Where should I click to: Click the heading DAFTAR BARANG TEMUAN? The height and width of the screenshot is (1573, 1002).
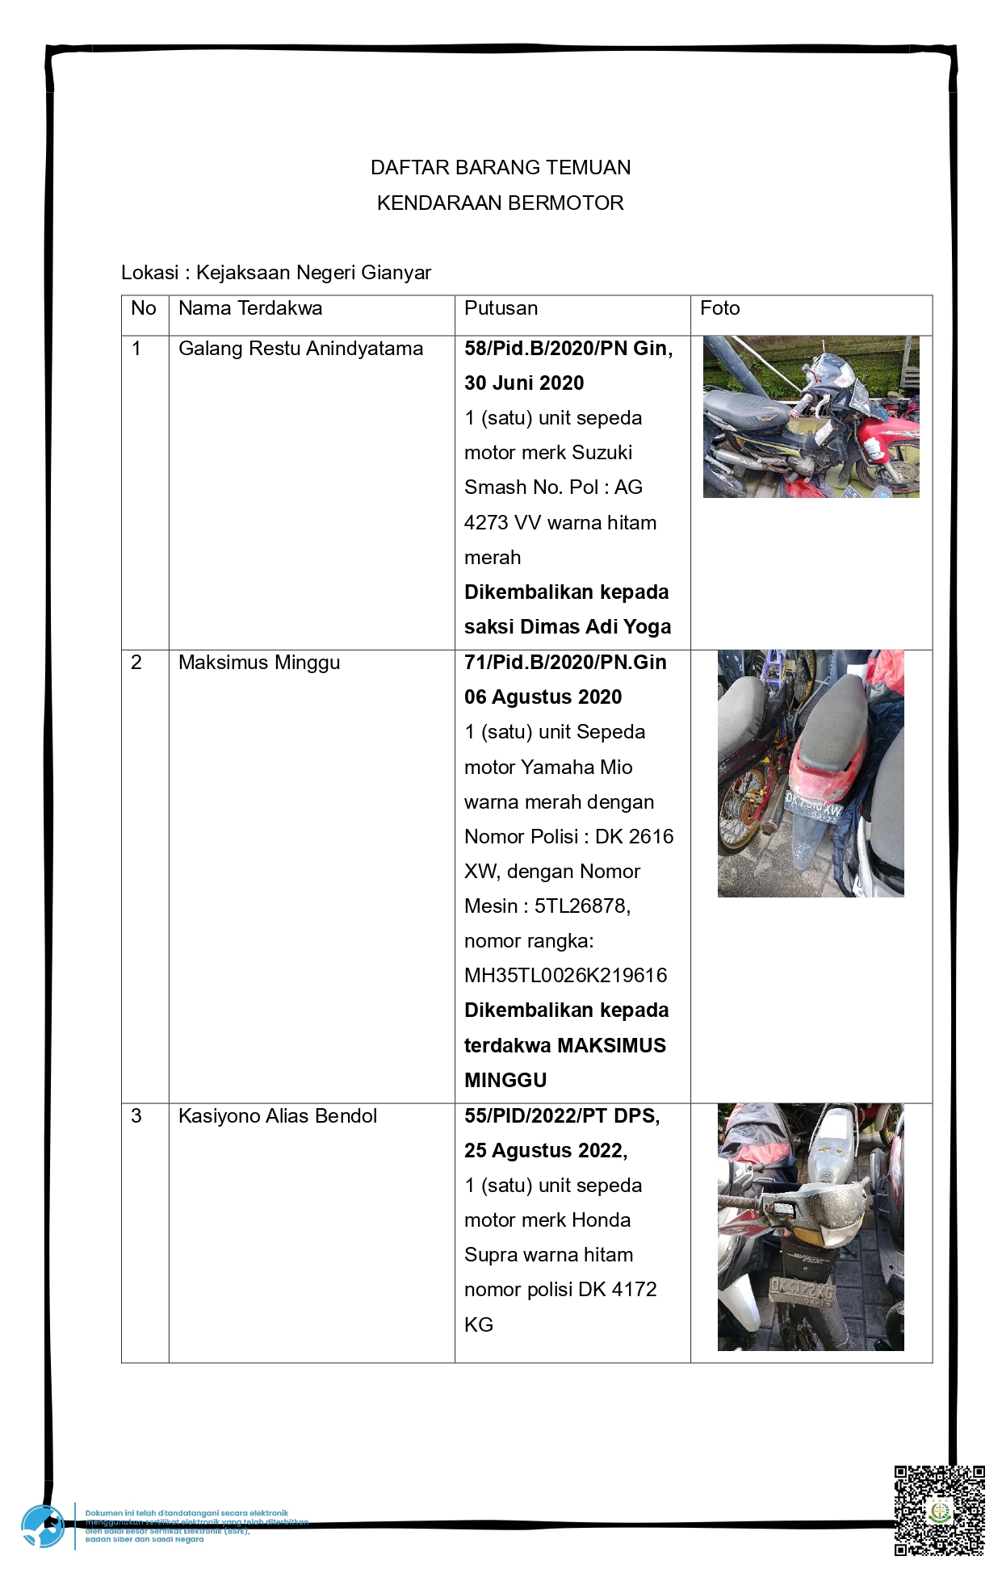click(x=501, y=168)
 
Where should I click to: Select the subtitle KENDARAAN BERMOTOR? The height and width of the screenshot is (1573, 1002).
click(x=501, y=203)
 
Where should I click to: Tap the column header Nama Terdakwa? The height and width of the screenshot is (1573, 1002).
click(x=250, y=308)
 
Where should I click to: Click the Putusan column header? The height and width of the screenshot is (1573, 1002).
click(x=501, y=308)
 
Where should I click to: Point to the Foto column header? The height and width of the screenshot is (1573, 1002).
click(x=719, y=308)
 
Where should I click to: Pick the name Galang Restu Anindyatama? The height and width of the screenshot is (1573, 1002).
click(x=300, y=349)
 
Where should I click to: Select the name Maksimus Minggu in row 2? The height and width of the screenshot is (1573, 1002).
click(x=259, y=663)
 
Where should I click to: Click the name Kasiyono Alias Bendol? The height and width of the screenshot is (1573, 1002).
click(x=278, y=1116)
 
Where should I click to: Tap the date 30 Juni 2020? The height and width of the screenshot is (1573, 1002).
click(x=524, y=383)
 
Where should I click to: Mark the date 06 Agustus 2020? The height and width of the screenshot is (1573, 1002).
click(x=543, y=697)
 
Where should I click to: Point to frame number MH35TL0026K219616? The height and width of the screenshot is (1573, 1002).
click(x=565, y=976)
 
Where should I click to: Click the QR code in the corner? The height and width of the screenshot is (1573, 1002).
click(x=939, y=1510)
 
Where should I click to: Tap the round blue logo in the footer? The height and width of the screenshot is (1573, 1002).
click(x=43, y=1526)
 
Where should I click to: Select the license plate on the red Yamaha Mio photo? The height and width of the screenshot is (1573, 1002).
click(x=813, y=806)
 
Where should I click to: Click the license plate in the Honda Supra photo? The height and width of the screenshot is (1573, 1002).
click(x=801, y=1288)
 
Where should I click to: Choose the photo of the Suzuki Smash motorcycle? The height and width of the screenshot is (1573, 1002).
click(x=811, y=416)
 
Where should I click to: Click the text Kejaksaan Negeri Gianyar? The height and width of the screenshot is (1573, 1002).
click(x=313, y=273)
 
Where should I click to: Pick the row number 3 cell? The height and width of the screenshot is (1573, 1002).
click(x=136, y=1116)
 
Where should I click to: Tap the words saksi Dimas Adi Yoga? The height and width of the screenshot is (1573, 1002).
click(x=568, y=627)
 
